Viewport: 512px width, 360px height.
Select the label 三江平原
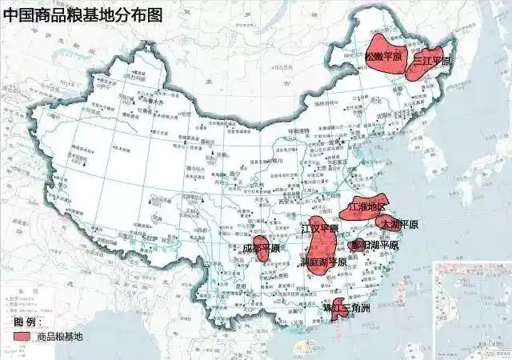coord(432,62)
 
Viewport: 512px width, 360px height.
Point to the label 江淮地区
coord(368,208)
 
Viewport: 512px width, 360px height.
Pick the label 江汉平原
coord(319,229)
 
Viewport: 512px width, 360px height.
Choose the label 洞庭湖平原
coord(323,262)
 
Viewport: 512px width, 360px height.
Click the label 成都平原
coord(262,248)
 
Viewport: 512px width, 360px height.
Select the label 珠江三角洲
coord(346,308)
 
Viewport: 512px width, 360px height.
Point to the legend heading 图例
coord(28,322)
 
